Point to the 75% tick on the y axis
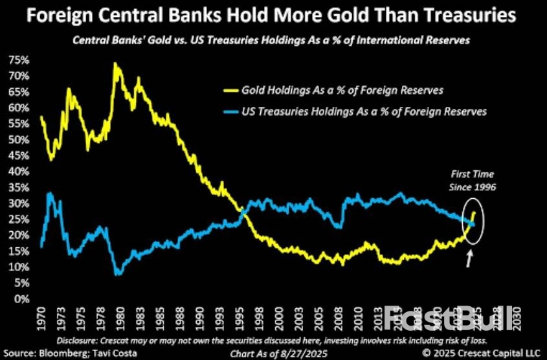pyautogui.click(x=17, y=60)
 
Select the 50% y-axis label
pyautogui.click(x=17, y=140)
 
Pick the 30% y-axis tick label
pyautogui.click(x=17, y=203)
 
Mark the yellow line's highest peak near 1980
pyautogui.click(x=115, y=63)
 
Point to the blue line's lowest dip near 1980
pyautogui.click(x=117, y=275)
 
